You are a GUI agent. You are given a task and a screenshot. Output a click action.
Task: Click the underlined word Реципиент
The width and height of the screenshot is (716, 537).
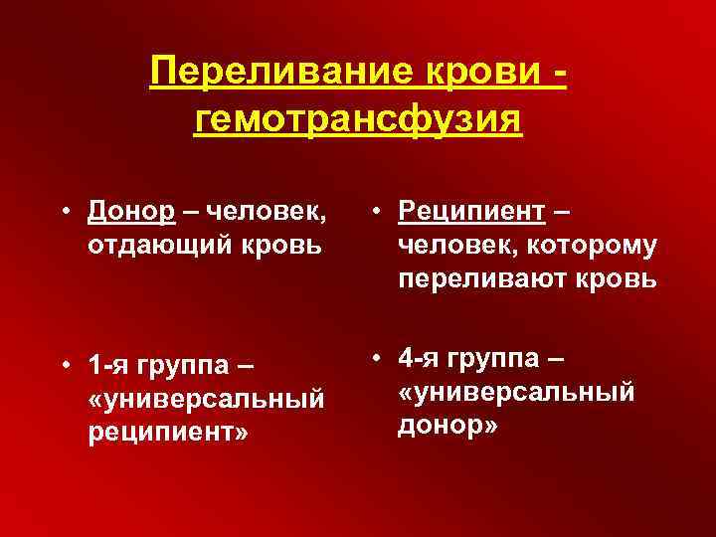click(x=470, y=210)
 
